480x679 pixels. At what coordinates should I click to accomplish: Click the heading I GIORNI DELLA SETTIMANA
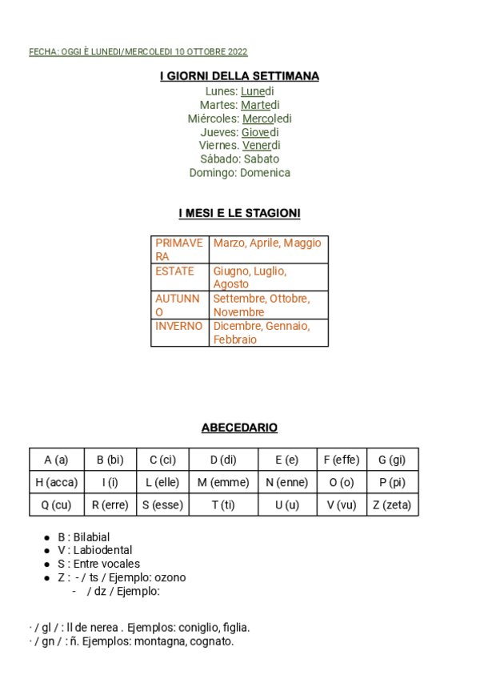(239, 76)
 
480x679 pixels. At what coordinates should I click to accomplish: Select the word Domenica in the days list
(265, 173)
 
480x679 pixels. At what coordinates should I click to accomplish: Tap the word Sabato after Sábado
(262, 159)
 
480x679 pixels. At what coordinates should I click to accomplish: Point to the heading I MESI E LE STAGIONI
(239, 214)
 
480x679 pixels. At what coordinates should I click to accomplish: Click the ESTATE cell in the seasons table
(175, 271)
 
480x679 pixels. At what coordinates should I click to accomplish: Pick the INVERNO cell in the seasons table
(179, 327)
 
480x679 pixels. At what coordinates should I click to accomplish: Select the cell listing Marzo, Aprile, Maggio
(267, 243)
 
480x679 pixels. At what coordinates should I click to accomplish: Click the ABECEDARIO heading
(239, 428)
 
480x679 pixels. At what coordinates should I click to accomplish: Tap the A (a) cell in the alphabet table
(56, 460)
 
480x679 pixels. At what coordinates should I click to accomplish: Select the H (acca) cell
(56, 483)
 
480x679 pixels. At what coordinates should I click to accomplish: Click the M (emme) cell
(223, 483)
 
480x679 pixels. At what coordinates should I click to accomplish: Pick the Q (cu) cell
(56, 505)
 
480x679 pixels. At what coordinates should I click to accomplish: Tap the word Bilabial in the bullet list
(91, 537)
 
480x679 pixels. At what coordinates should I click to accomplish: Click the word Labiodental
(102, 551)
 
